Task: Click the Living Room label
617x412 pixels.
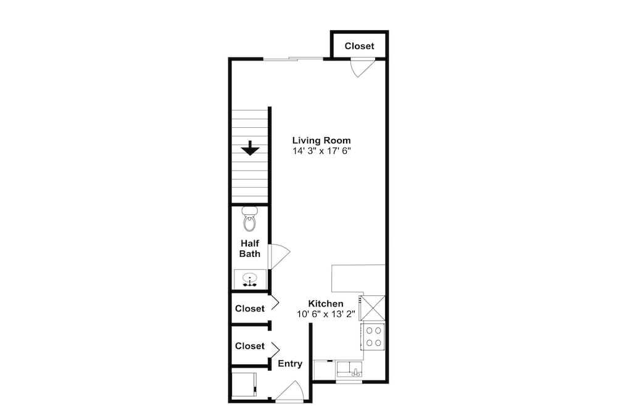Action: pyautogui.click(x=321, y=140)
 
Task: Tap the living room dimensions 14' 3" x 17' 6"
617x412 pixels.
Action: pyautogui.click(x=321, y=151)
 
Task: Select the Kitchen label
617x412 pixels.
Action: pyautogui.click(x=326, y=304)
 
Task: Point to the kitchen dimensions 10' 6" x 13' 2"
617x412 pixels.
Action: pyautogui.click(x=326, y=314)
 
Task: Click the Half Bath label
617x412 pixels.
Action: pyautogui.click(x=250, y=248)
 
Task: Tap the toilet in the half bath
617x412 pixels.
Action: pyautogui.click(x=249, y=219)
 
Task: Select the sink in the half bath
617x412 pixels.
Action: pyautogui.click(x=250, y=279)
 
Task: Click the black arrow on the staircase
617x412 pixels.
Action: pyautogui.click(x=250, y=148)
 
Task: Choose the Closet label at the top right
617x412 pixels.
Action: pyautogui.click(x=359, y=46)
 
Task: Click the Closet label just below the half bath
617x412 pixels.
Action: pyautogui.click(x=250, y=308)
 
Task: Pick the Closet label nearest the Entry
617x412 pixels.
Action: pyautogui.click(x=250, y=346)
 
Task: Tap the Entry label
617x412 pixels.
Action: pyautogui.click(x=290, y=364)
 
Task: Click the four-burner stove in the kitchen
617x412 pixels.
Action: pyautogui.click(x=373, y=337)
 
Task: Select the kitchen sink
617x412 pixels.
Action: pyautogui.click(x=349, y=369)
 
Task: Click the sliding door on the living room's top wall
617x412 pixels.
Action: pyautogui.click(x=293, y=59)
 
